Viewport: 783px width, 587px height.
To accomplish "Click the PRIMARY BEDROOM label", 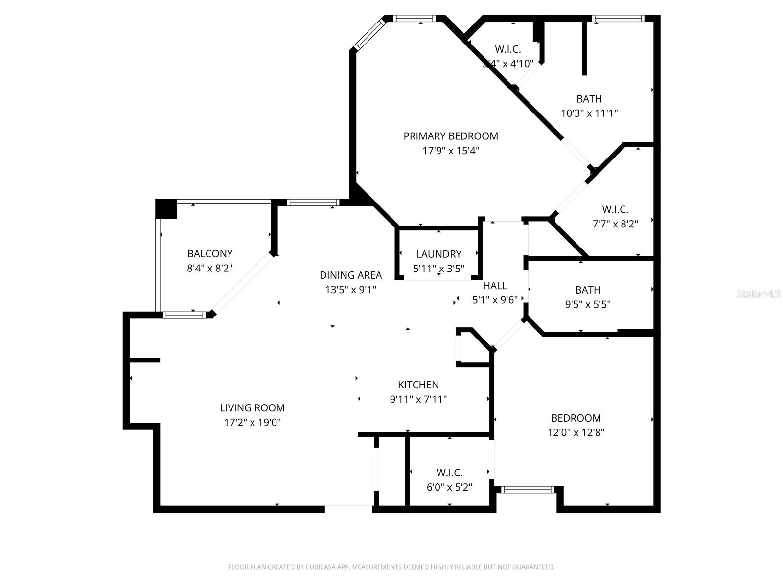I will [451, 136].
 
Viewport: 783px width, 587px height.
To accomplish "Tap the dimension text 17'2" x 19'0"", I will [253, 422].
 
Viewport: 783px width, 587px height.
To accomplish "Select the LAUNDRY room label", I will [438, 254].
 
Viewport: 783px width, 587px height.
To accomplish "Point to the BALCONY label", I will [210, 253].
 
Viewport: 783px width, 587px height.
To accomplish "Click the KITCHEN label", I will [418, 384].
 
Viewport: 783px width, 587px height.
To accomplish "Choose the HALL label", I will [495, 285].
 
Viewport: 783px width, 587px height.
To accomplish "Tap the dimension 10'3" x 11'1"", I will [589, 113].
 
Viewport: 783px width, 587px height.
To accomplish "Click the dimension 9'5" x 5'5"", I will [588, 304].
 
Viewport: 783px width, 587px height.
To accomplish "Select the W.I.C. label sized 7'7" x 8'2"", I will [615, 209].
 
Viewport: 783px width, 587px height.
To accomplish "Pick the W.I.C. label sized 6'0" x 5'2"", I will [449, 473].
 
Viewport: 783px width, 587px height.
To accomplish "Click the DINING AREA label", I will [350, 275].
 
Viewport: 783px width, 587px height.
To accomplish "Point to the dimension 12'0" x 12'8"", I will [576, 432].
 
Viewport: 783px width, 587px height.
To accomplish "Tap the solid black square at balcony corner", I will [165, 209].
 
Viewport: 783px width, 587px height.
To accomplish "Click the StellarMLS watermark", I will [759, 293].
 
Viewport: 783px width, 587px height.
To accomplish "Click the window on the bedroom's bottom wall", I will [527, 489].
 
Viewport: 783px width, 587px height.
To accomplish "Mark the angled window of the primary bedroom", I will [369, 34].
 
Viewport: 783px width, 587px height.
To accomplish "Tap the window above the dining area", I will [313, 202].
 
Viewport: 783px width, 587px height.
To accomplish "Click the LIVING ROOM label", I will [252, 407].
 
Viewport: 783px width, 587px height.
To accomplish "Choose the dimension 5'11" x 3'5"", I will [438, 269].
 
